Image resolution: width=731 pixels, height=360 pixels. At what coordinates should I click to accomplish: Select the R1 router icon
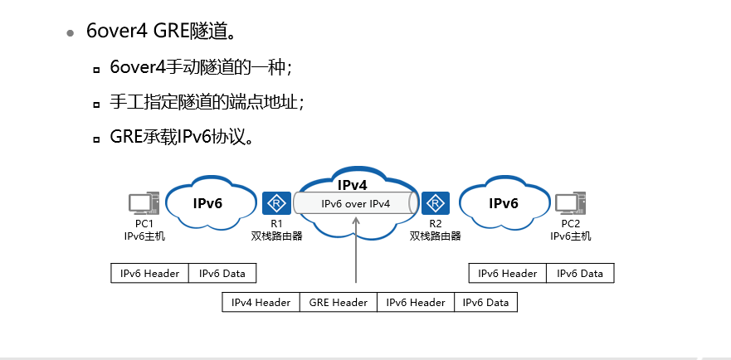pyautogui.click(x=275, y=203)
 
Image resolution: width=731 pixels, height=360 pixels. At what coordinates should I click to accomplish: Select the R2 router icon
pyautogui.click(x=435, y=203)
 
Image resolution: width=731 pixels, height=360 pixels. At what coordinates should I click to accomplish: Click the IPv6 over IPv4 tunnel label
pyautogui.click(x=355, y=203)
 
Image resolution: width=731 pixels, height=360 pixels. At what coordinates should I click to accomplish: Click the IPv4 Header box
pyautogui.click(x=261, y=303)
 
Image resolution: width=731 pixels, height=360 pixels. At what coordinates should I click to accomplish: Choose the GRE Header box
pyautogui.click(x=338, y=303)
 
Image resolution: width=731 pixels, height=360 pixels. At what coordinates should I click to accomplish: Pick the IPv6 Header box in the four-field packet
pyautogui.click(x=416, y=303)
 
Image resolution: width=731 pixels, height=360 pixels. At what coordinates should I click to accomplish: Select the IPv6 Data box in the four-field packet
pyautogui.click(x=485, y=303)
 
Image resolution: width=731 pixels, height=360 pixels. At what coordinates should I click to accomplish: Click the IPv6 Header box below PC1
pyautogui.click(x=150, y=274)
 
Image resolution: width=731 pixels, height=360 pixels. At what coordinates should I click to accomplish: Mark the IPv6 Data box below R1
pyautogui.click(x=222, y=274)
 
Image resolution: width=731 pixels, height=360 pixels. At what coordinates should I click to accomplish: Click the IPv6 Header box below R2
pyautogui.click(x=508, y=274)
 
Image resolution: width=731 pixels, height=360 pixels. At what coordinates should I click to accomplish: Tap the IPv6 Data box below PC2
pyautogui.click(x=580, y=274)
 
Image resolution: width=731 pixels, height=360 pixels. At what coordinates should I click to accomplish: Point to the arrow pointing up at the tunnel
pyautogui.click(x=355, y=249)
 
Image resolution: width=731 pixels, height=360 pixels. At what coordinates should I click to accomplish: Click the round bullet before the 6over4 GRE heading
pyautogui.click(x=71, y=32)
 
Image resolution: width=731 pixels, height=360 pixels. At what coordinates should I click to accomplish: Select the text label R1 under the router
pyautogui.click(x=276, y=224)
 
